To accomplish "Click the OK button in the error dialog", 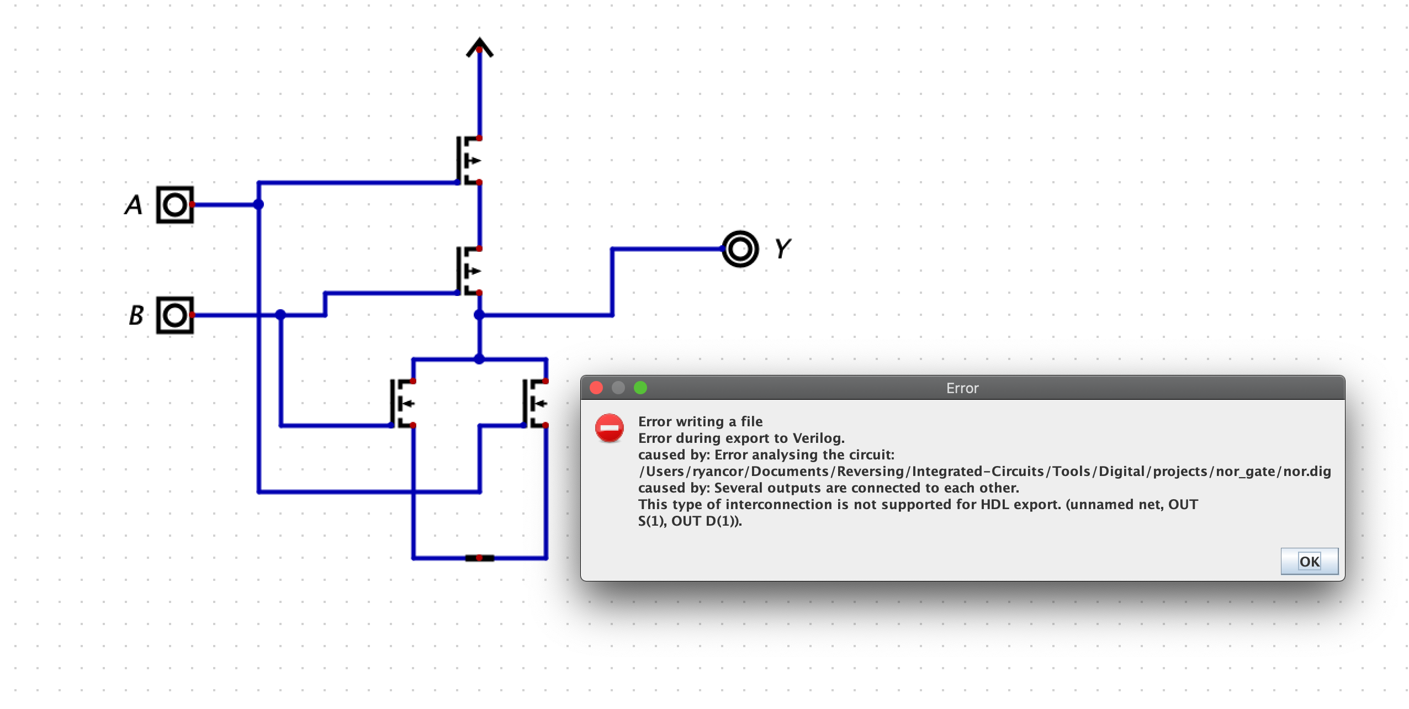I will click(1309, 562).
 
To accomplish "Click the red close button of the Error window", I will click(596, 388).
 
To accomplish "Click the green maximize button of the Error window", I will click(640, 388).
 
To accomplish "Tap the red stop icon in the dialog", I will click(609, 428).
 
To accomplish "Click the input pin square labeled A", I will click(175, 205).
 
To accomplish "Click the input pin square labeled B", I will click(175, 315).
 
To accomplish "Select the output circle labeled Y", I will click(740, 249).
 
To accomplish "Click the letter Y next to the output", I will click(782, 249).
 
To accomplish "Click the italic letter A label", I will click(133, 205).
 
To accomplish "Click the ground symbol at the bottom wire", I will click(479, 558).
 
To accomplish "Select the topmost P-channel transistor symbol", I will click(468, 161).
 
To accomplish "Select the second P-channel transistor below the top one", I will click(468, 271).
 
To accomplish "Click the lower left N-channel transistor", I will click(402, 404).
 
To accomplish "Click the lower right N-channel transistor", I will click(534, 404).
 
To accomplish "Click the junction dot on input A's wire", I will click(258, 205).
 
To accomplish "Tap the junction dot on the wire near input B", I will click(280, 315).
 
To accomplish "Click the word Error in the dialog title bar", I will click(962, 388).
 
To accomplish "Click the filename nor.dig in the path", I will click(1307, 472).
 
